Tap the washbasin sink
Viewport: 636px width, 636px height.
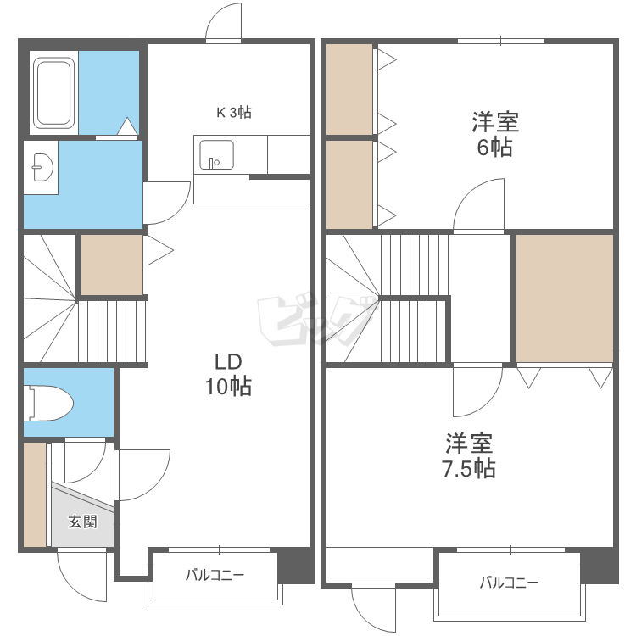pyautogui.click(x=39, y=167)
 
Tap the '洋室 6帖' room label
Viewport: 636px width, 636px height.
pyautogui.click(x=496, y=135)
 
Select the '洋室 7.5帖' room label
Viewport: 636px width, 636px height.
pyautogui.click(x=469, y=455)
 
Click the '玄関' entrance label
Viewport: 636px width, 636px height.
pyautogui.click(x=82, y=522)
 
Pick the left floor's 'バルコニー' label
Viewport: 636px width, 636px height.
pyautogui.click(x=215, y=576)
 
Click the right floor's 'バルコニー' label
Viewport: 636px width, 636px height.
pyautogui.click(x=509, y=583)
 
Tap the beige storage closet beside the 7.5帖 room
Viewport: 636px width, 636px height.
pyautogui.click(x=564, y=298)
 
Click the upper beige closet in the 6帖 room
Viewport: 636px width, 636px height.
pyautogui.click(x=349, y=89)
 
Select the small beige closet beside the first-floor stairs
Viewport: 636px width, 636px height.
pyautogui.click(x=111, y=265)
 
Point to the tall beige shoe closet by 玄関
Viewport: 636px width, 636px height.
pyautogui.click(x=35, y=495)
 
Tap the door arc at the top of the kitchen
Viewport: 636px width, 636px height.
pyautogui.click(x=225, y=21)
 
